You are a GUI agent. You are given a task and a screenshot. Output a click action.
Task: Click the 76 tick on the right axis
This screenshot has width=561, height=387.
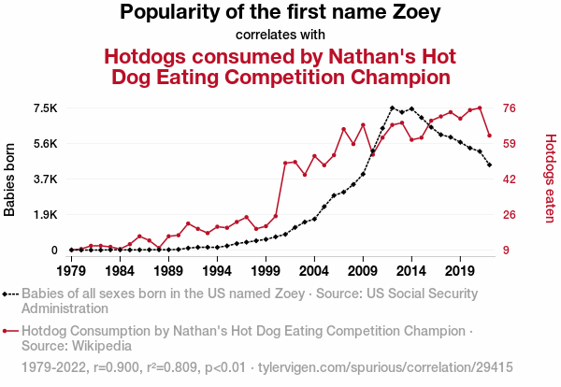[x=511, y=108]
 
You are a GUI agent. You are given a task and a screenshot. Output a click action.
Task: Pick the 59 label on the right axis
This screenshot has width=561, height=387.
[x=511, y=144]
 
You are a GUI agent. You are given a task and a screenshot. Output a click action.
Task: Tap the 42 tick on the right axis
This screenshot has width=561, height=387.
[x=511, y=179]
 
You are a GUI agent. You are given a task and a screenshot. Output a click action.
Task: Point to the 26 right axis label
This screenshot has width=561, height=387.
[x=511, y=215]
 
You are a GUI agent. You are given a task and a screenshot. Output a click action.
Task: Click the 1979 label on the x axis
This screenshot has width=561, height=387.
[x=71, y=270]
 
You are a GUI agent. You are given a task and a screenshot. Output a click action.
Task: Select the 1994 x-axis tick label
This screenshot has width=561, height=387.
[x=217, y=270]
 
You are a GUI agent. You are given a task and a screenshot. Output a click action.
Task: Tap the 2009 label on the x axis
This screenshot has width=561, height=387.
[x=363, y=270]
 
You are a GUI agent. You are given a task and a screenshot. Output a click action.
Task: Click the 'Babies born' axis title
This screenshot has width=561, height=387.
[x=10, y=179]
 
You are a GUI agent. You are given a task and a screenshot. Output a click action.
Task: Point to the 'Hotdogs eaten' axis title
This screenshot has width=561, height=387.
[x=551, y=179]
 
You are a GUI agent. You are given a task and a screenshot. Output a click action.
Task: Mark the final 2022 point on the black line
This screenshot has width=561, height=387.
[x=489, y=165]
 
